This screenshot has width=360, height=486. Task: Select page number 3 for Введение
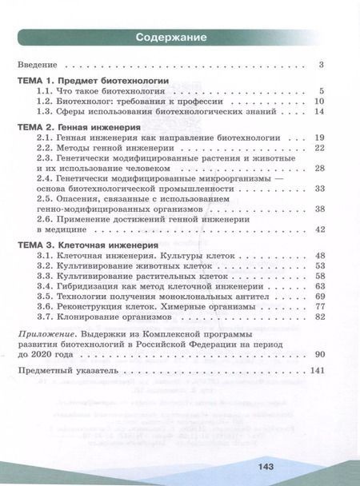pyautogui.click(x=320, y=65)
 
